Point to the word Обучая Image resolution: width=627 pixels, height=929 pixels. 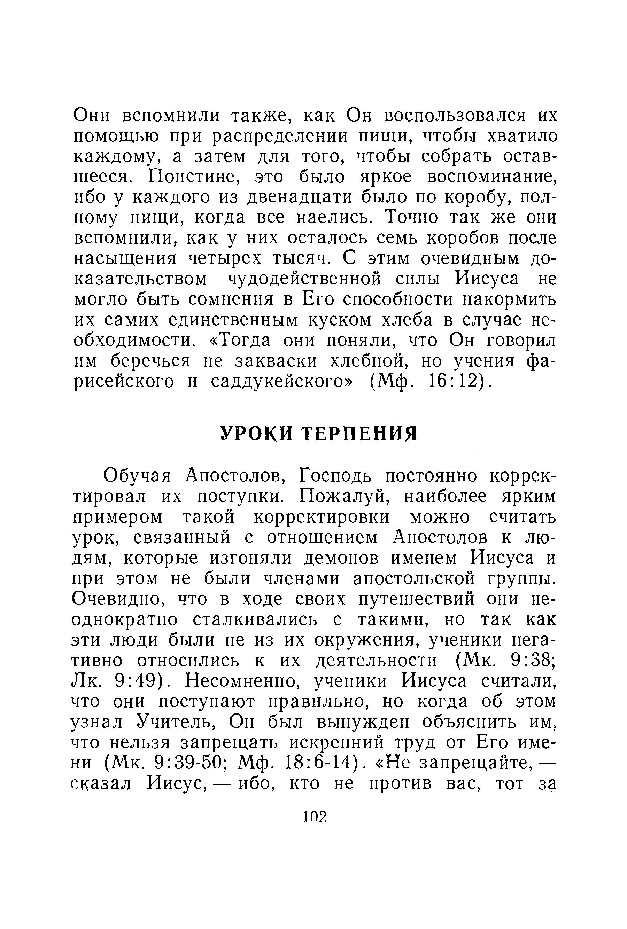[137, 476]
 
